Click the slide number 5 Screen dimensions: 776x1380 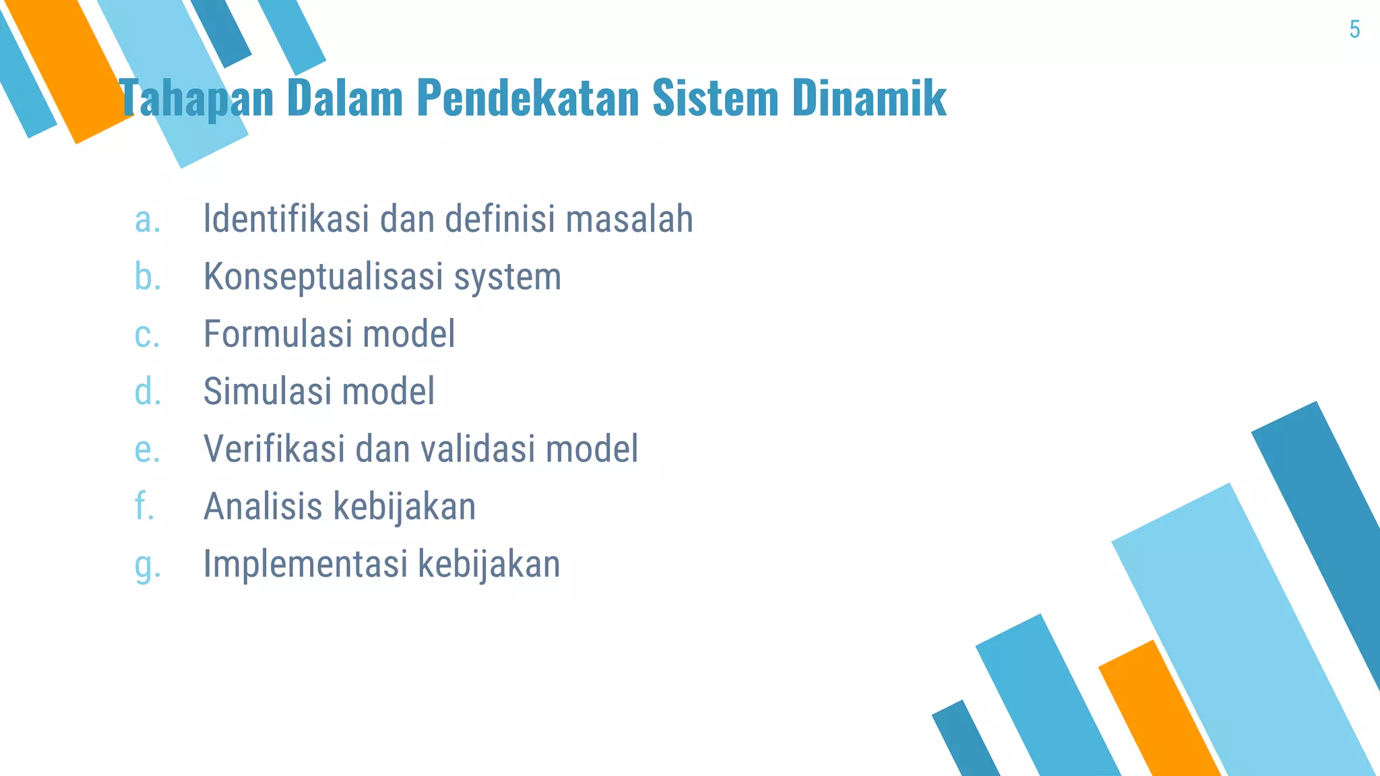(x=1354, y=30)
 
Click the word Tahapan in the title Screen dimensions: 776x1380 (x=196, y=98)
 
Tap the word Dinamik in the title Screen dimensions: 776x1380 (x=869, y=98)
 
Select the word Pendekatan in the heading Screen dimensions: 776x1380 (x=528, y=98)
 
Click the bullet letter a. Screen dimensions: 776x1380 (x=148, y=220)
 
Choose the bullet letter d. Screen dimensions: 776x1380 (x=148, y=391)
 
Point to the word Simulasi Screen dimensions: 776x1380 (x=268, y=391)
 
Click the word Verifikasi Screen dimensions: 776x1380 (x=274, y=449)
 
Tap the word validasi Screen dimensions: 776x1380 (x=481, y=449)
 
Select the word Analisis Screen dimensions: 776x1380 (x=263, y=506)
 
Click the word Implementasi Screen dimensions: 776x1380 (x=305, y=564)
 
